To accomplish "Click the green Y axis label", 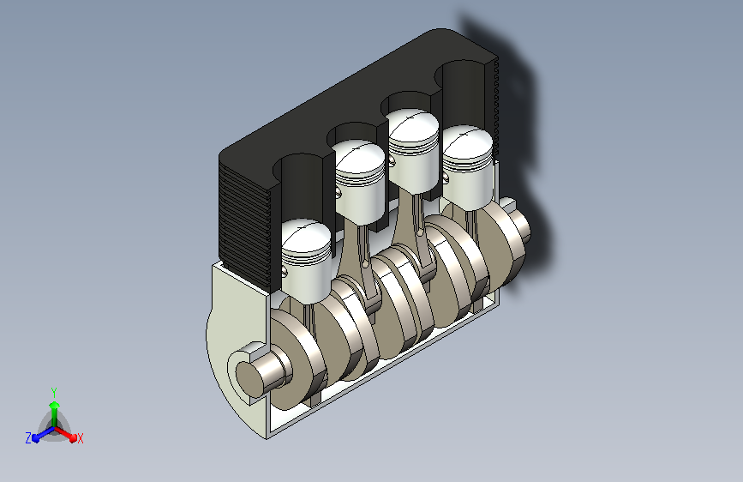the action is (x=54, y=393).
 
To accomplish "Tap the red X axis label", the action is (x=80, y=438).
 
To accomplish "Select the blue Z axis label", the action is (x=28, y=438).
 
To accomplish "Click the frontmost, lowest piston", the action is (x=306, y=261).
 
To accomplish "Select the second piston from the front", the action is (x=360, y=182).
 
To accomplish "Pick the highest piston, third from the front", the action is (x=414, y=151).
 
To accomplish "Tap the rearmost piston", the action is (x=468, y=167).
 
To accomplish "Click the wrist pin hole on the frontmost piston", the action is (x=285, y=271).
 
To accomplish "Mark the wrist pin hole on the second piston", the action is (x=338, y=191).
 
